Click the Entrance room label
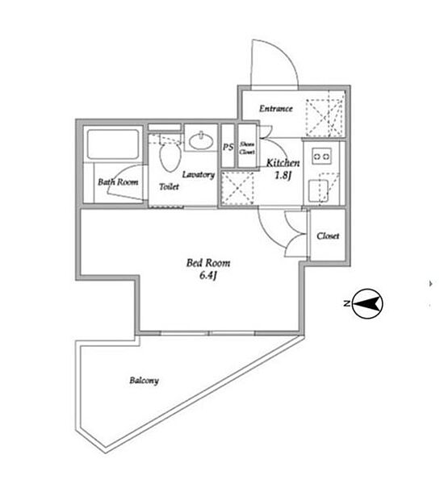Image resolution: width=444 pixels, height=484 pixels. click(x=275, y=108)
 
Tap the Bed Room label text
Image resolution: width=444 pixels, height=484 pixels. click(x=208, y=263)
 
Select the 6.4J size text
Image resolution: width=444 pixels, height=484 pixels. click(x=207, y=275)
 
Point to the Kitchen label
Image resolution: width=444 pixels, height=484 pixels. click(x=283, y=163)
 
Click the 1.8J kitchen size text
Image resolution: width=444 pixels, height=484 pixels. click(x=283, y=175)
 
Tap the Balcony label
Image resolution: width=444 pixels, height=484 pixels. click(x=144, y=380)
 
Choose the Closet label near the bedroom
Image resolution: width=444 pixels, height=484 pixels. click(x=328, y=236)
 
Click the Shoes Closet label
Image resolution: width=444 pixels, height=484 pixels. click(x=247, y=148)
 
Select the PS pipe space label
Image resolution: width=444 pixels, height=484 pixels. click(x=228, y=148)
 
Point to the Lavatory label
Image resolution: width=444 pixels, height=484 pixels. click(x=199, y=175)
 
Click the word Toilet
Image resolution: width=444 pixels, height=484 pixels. click(x=169, y=186)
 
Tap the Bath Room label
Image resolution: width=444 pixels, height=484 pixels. click(x=118, y=182)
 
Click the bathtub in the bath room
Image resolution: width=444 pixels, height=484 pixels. click(x=113, y=144)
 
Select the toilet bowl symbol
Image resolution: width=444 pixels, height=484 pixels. click(x=170, y=157)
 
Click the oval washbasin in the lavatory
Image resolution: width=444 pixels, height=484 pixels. click(x=202, y=142)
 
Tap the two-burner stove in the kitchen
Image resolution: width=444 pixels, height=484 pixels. click(x=321, y=156)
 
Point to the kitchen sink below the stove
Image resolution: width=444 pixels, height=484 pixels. click(x=319, y=191)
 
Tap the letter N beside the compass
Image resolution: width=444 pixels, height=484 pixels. click(x=346, y=303)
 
